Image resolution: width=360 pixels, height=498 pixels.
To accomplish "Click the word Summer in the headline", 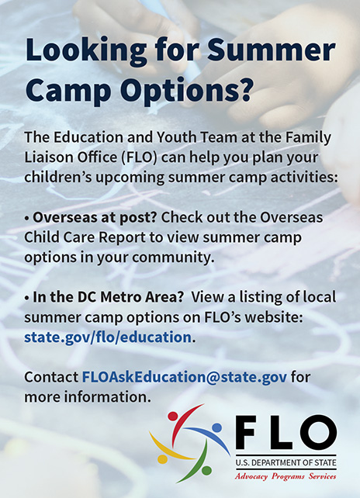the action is pos(271,50).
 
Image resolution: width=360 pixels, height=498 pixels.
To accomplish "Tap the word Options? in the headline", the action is pos(186,90).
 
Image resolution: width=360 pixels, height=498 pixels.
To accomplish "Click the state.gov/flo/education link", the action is pos(108,337).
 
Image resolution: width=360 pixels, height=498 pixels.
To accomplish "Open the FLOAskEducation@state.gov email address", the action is pos(185,377).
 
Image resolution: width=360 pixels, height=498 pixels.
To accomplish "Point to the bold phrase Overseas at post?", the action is pos(95,218).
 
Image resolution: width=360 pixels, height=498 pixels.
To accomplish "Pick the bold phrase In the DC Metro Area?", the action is pos(109,297).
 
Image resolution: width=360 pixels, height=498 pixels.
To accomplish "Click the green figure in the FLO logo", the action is pos(198,464).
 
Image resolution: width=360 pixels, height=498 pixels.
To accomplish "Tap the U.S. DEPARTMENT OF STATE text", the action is pos(286,463).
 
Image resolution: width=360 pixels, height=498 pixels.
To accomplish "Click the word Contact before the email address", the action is pos(51,377).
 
